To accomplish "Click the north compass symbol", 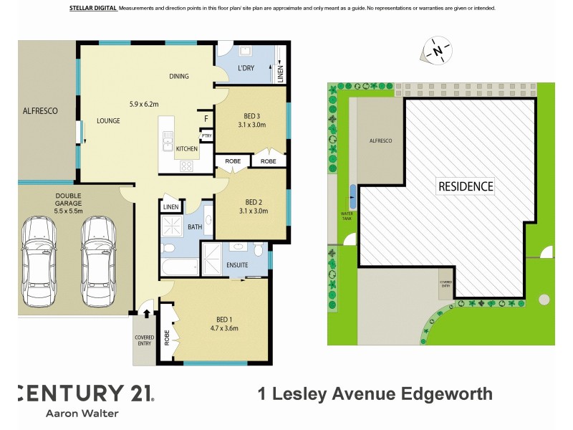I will click(x=436, y=51).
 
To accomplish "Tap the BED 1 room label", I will click(x=223, y=319).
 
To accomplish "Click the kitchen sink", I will click(x=168, y=137).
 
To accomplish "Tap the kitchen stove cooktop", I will click(x=186, y=166).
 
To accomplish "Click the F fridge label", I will click(x=206, y=118).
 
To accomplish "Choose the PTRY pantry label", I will click(x=206, y=135).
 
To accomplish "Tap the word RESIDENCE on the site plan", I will click(x=466, y=186).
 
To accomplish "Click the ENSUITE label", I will click(x=237, y=265).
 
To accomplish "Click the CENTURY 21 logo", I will click(x=85, y=393).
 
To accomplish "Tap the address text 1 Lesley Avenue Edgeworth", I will click(x=375, y=393).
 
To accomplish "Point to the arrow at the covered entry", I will click(x=147, y=312).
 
